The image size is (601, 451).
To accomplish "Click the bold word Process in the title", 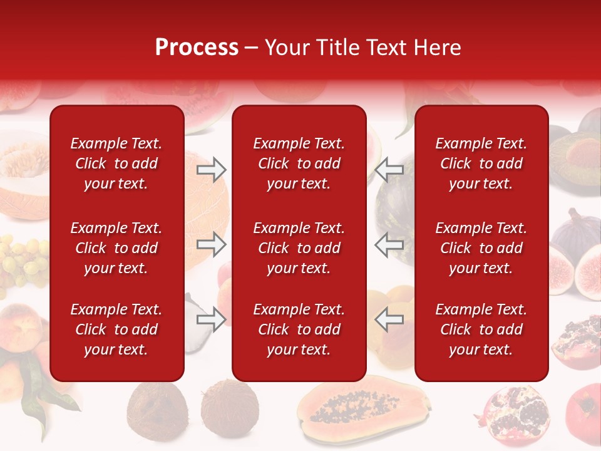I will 197,48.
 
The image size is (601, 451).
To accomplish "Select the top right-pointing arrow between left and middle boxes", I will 211,168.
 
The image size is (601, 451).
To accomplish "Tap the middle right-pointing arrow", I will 211,244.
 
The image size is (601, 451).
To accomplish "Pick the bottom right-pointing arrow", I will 211,319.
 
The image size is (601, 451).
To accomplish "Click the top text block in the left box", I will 116,163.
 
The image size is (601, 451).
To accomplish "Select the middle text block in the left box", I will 116,248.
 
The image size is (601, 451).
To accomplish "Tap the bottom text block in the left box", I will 116,329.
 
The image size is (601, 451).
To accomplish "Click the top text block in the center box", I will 299,163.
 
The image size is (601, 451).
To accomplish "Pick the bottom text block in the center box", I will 299,329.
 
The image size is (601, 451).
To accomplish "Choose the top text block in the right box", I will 481,163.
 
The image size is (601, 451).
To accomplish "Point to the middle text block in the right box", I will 481,248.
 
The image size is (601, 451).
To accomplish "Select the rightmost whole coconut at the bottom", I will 230,407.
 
